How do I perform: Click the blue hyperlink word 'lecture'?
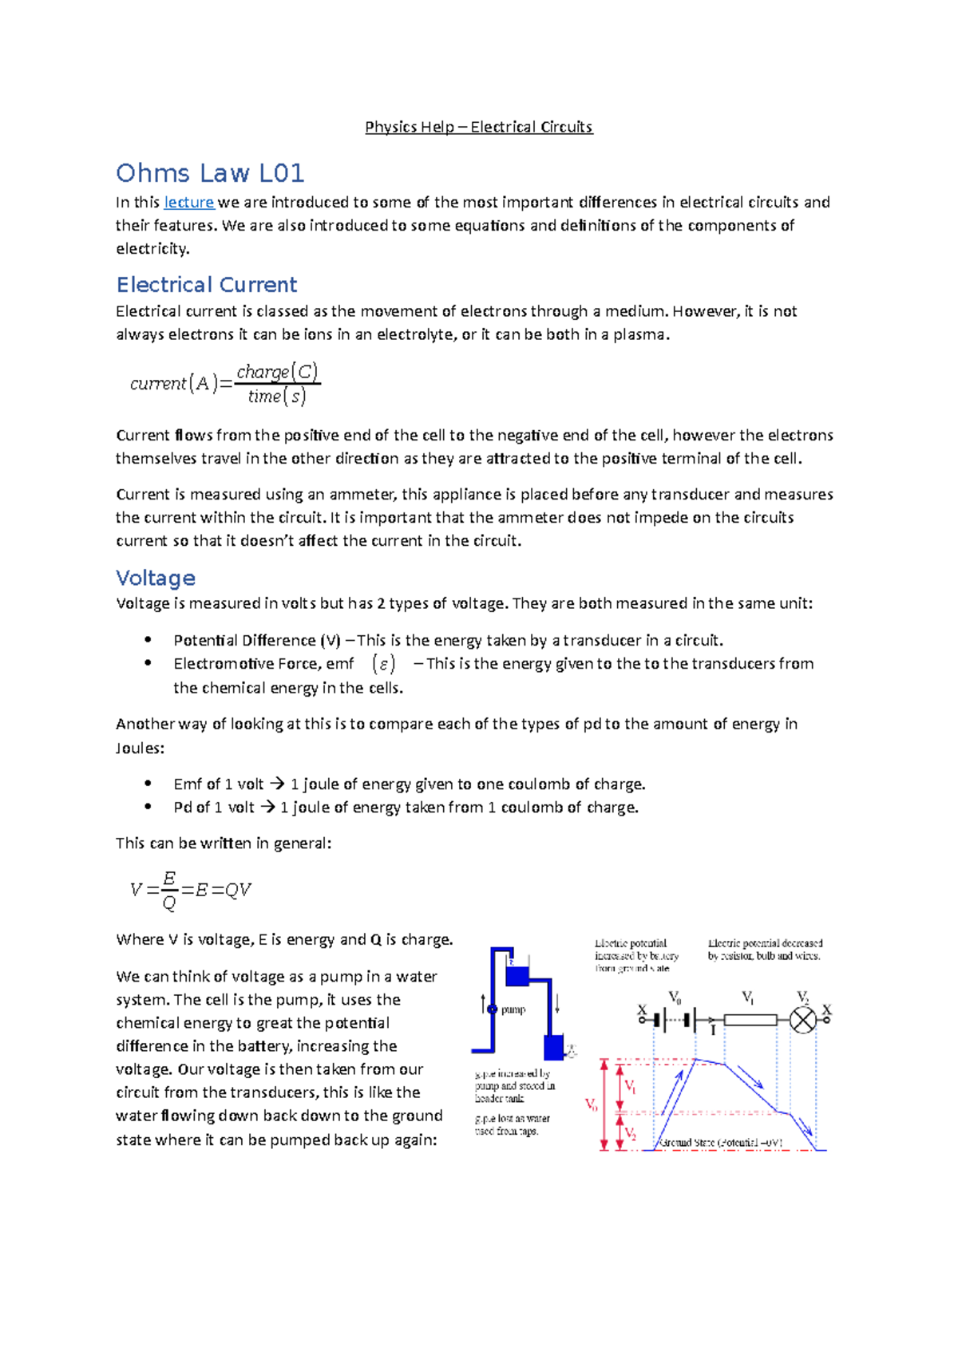188,203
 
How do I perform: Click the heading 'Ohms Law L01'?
210,173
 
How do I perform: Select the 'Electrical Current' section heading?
206,285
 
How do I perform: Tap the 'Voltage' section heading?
156,578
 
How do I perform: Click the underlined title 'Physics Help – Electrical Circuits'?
478,127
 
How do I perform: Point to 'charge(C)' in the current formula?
277,372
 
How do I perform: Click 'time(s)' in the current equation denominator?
276,397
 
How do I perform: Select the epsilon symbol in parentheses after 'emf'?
383,664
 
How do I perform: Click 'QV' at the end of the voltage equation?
238,890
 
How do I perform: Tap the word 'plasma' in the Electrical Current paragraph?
638,334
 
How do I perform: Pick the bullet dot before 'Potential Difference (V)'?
148,640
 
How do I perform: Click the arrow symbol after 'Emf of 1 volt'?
277,784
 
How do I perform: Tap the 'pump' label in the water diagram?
513,1009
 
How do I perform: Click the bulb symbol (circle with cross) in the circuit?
803,1020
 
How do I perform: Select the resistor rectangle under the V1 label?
750,1020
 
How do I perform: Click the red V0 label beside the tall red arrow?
592,1105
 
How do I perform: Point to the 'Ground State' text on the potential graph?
687,1143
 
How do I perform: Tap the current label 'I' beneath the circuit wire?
713,1031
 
